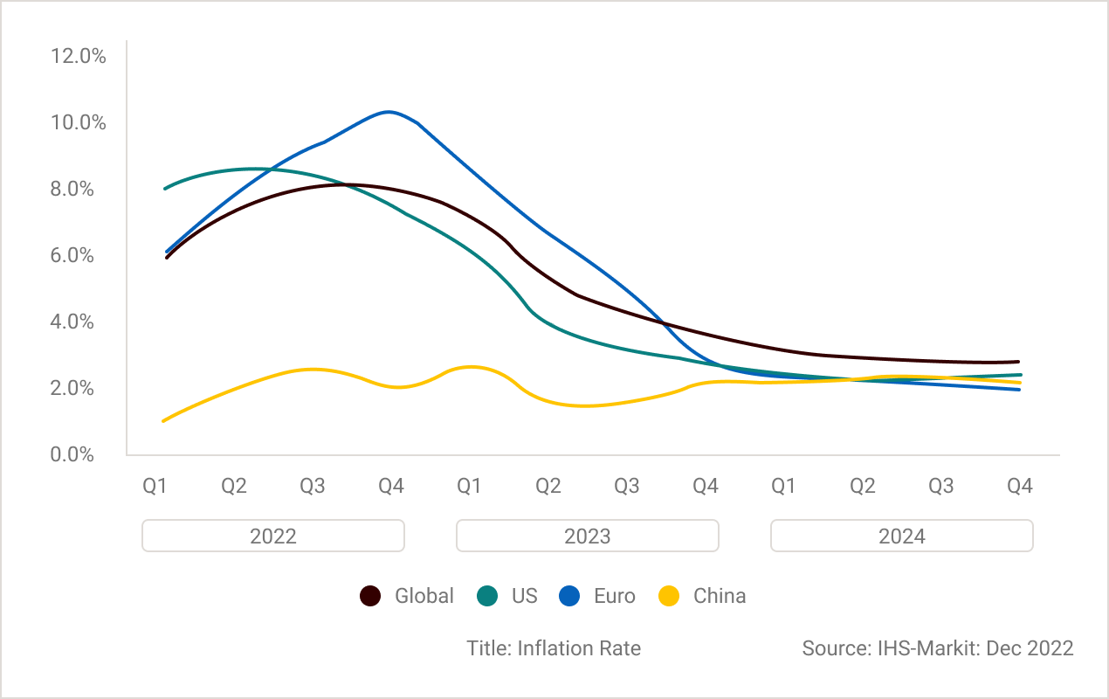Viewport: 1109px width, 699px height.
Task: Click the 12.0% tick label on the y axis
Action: point(79,57)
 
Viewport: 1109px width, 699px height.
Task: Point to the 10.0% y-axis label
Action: point(79,123)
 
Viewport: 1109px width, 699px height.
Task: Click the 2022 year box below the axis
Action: point(273,536)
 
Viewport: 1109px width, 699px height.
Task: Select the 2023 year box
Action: point(587,536)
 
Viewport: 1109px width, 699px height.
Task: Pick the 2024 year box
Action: point(901,536)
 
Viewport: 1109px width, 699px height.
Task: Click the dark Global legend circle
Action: point(371,597)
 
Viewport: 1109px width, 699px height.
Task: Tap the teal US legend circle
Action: point(487,597)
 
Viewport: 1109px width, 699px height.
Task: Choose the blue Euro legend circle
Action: point(570,597)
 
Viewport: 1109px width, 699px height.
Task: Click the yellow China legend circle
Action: point(669,597)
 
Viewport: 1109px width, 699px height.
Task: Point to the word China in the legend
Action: point(720,597)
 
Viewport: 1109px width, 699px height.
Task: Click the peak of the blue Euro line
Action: point(388,112)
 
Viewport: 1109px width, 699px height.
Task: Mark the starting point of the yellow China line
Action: point(164,421)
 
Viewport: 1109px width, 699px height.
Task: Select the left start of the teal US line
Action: point(165,188)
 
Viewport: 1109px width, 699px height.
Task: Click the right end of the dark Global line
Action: point(1018,362)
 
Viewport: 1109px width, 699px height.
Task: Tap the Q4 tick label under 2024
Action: point(1019,487)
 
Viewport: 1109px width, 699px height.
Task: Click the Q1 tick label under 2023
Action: point(469,487)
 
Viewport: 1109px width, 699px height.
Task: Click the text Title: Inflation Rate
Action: point(554,648)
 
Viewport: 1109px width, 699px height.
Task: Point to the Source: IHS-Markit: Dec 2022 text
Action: point(937,648)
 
